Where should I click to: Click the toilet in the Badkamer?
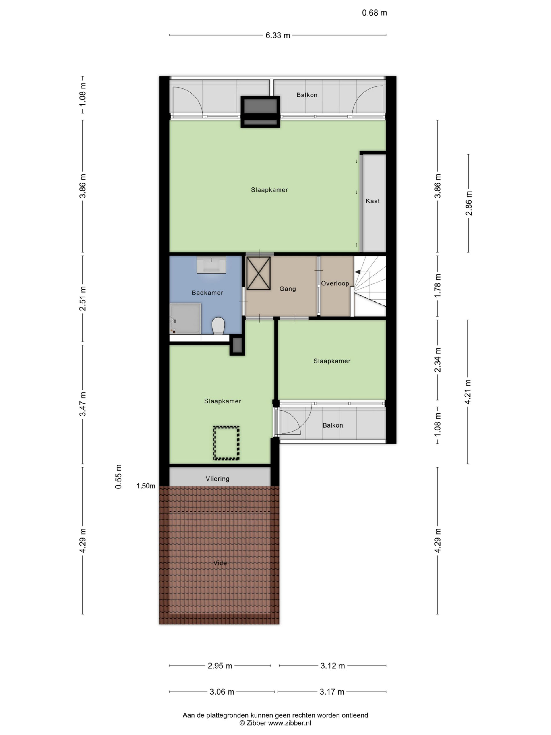tap(218, 326)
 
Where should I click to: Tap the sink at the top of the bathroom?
tap(211, 264)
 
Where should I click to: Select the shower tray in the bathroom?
tap(185, 318)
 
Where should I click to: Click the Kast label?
tap(373, 201)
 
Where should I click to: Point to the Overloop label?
tap(335, 283)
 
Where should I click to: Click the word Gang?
tap(288, 289)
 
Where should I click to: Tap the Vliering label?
tap(218, 479)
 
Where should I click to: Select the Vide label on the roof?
tap(220, 563)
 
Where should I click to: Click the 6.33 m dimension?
tap(278, 36)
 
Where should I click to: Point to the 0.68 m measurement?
tap(374, 13)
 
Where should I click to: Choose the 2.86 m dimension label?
tap(469, 203)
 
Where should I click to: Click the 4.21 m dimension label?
tap(468, 392)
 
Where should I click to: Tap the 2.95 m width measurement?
tap(220, 666)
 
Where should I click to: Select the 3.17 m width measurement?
tap(332, 692)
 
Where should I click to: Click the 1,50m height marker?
tap(146, 486)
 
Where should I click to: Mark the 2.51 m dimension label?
tap(82, 298)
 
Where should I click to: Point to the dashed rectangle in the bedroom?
tap(226, 443)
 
